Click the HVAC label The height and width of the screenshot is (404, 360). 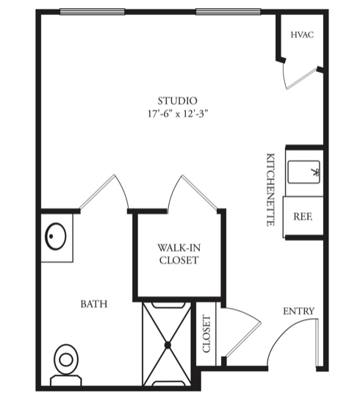click(x=302, y=35)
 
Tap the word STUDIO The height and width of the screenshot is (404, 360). click(x=178, y=101)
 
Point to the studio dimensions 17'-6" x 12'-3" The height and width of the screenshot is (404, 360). click(x=178, y=114)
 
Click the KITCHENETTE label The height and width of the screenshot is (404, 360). click(x=270, y=190)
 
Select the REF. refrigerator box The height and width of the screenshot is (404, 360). click(x=303, y=216)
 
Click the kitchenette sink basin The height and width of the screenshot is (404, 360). click(x=304, y=172)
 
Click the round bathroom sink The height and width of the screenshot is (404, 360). click(x=56, y=236)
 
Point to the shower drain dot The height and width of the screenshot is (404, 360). click(x=168, y=345)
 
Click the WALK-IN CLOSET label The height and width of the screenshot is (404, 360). click(x=179, y=254)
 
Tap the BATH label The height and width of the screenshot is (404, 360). click(x=94, y=304)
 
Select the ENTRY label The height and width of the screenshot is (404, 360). click(x=299, y=311)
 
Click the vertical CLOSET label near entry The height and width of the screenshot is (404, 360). click(x=206, y=333)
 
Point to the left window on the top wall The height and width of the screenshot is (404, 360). click(x=93, y=12)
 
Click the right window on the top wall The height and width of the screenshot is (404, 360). click(x=228, y=12)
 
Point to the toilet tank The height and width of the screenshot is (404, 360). click(x=66, y=380)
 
